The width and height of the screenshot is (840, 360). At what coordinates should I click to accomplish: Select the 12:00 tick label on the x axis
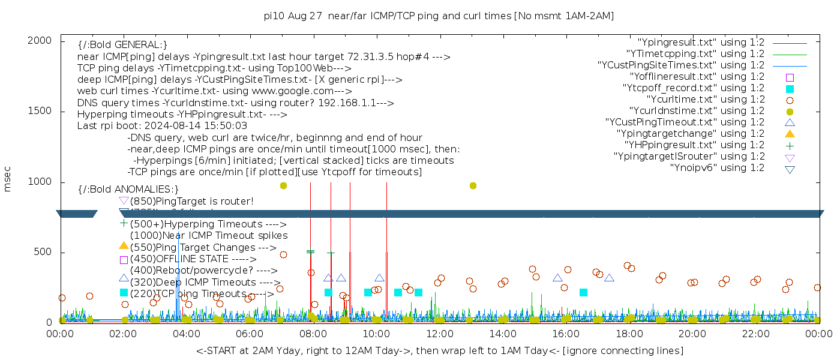tap(439, 333)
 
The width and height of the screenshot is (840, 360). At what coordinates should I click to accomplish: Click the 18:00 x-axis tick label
tap(629, 333)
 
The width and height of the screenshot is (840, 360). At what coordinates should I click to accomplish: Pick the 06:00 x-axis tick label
tap(250, 333)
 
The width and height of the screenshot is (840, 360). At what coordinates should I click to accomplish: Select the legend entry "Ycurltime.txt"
tap(705, 100)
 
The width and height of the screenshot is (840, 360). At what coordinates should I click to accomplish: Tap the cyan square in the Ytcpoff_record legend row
tap(790, 89)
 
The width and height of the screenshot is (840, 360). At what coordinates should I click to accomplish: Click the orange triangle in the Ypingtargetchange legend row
tap(790, 134)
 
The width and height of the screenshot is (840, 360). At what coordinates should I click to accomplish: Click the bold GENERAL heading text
tap(122, 45)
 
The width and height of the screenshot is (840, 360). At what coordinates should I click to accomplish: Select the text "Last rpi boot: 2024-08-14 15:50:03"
tap(162, 126)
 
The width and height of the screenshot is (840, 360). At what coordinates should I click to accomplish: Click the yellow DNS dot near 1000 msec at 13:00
tap(473, 186)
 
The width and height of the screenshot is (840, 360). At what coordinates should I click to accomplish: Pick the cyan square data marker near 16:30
tap(583, 293)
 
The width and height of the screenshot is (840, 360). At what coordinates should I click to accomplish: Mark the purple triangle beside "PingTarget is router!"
tap(124, 201)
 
